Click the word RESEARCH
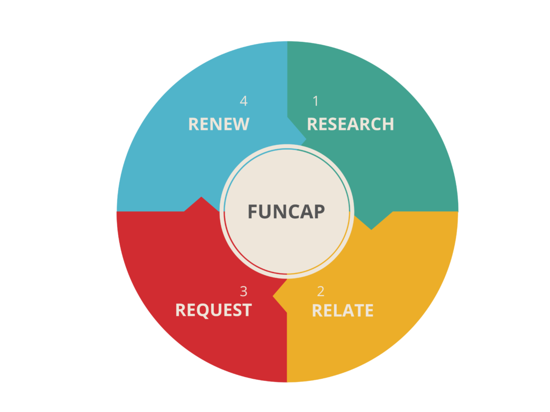[x=350, y=124]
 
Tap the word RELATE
[x=343, y=311]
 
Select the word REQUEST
[x=213, y=310]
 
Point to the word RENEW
[x=219, y=124]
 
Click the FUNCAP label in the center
[x=286, y=211]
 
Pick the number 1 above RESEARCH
[x=316, y=101]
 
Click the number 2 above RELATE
[x=321, y=291]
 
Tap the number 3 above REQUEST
[x=244, y=291]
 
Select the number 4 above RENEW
[x=244, y=101]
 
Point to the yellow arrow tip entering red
[x=276, y=296]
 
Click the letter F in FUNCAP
[x=252, y=211]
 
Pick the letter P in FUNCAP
[x=320, y=211]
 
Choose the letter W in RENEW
[x=242, y=124]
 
